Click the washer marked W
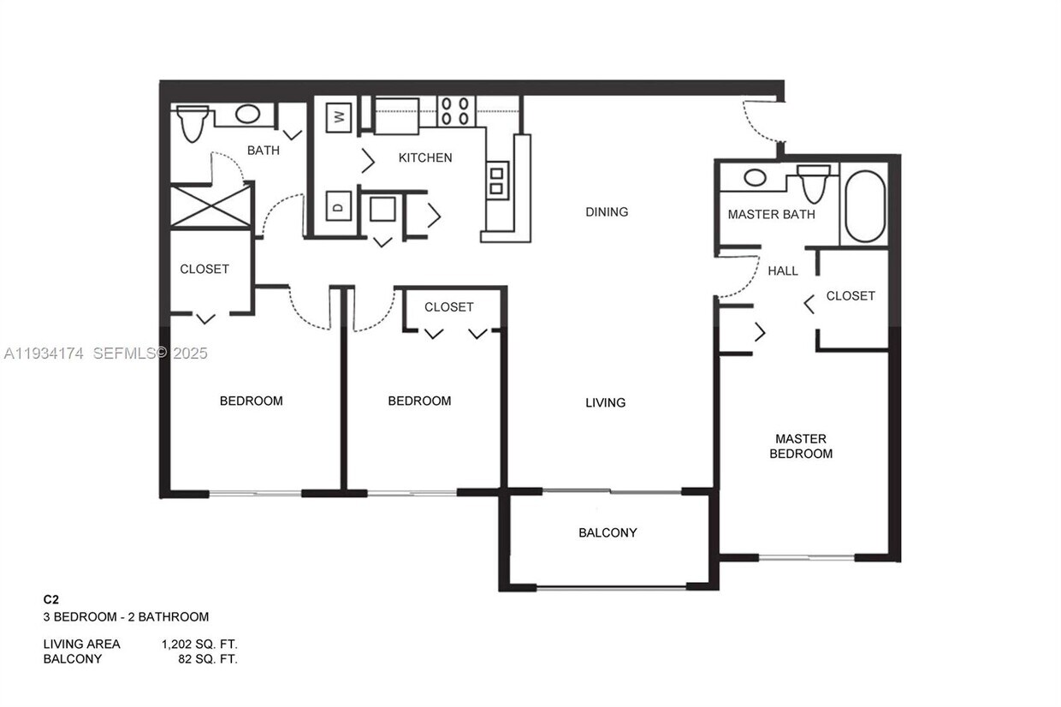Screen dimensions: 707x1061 [x=339, y=117]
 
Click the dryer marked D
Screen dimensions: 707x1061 [x=339, y=206]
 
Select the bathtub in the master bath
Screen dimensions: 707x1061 [x=865, y=206]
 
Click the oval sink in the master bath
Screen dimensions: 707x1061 [x=755, y=178]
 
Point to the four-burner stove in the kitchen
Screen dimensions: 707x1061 [x=455, y=111]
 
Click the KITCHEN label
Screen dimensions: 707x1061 [x=425, y=157]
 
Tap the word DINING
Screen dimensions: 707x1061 [x=607, y=211]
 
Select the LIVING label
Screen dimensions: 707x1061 [x=605, y=402]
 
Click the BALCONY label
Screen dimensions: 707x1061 [x=608, y=532]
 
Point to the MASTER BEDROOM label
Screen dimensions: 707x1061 [x=801, y=446]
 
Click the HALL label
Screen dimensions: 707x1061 [x=783, y=270]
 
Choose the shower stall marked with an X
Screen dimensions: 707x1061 [x=210, y=206]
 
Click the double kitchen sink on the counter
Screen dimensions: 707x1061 [x=497, y=180]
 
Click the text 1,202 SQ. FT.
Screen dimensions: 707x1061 [x=199, y=644]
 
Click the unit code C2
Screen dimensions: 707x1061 [x=51, y=600]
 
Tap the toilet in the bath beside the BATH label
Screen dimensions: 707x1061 [x=193, y=123]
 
